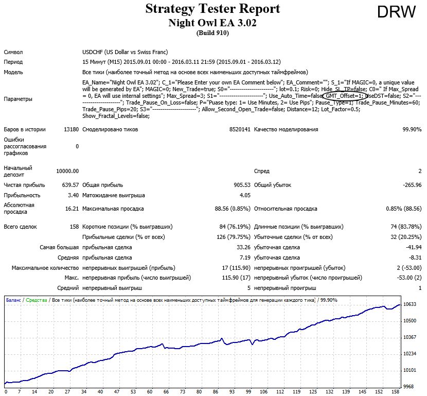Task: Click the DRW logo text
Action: click(397, 12)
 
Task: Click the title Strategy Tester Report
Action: click(212, 8)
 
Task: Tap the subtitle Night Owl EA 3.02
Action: click(212, 23)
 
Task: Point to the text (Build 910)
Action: click(212, 33)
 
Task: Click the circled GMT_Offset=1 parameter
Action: click(344, 96)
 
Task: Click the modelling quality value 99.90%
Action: click(412, 129)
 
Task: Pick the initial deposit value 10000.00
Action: click(67, 171)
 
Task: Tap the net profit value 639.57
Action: click(70, 185)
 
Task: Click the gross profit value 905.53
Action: click(242, 185)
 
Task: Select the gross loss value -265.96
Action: click(412, 185)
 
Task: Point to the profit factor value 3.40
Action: click(73, 195)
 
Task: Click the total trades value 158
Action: click(75, 227)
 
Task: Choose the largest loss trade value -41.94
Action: click(414, 248)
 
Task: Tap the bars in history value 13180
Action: click(72, 129)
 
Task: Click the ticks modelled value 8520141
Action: click(240, 129)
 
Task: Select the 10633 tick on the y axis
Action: click(410, 304)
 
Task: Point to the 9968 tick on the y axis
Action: click(408, 387)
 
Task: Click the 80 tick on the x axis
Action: click(199, 392)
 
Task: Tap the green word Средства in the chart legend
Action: click(37, 300)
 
